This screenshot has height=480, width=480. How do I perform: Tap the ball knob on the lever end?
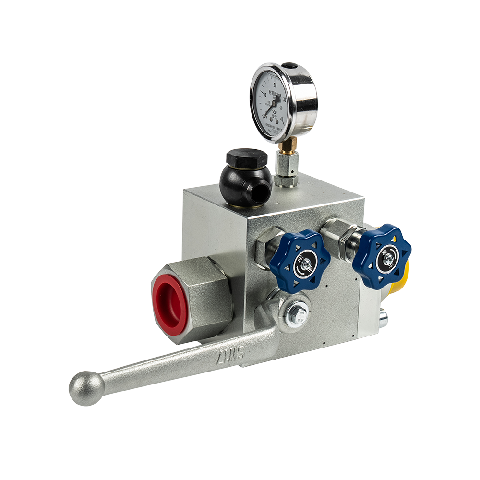pyautogui.click(x=86, y=388)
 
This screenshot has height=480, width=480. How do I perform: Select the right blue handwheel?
pyautogui.click(x=382, y=256)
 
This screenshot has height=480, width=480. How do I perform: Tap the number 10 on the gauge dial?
pyautogui.click(x=265, y=94)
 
